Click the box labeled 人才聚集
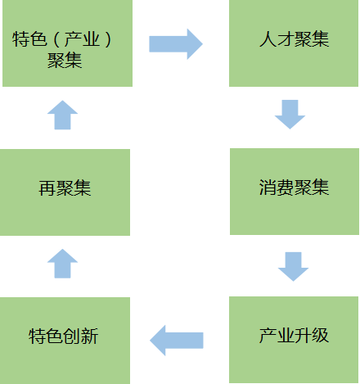pyautogui.click(x=294, y=43)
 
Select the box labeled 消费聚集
pyautogui.click(x=295, y=192)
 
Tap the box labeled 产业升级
pyautogui.click(x=294, y=340)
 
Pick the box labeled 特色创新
pyautogui.click(x=65, y=341)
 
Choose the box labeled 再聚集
pyautogui.click(x=65, y=192)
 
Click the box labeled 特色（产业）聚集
pyautogui.click(x=67, y=43)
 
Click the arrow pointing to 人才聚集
pyautogui.click(x=176, y=44)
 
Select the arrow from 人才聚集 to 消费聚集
pyautogui.click(x=290, y=115)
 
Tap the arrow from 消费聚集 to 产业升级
pyautogui.click(x=293, y=267)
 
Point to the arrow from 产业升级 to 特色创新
pyautogui.click(x=177, y=341)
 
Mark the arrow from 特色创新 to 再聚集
pyautogui.click(x=62, y=264)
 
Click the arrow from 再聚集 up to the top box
pyautogui.click(x=62, y=115)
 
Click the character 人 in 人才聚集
pyautogui.click(x=268, y=39)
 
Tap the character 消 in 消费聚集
pyautogui.click(x=268, y=187)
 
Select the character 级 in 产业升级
pyautogui.click(x=320, y=336)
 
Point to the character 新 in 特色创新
pyautogui.click(x=90, y=337)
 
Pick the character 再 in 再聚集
pyautogui.click(x=47, y=188)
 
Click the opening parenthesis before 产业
pyautogui.click(x=56, y=39)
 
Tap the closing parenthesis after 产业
pyautogui.click(x=108, y=39)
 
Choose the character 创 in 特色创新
pyautogui.click(x=72, y=337)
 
